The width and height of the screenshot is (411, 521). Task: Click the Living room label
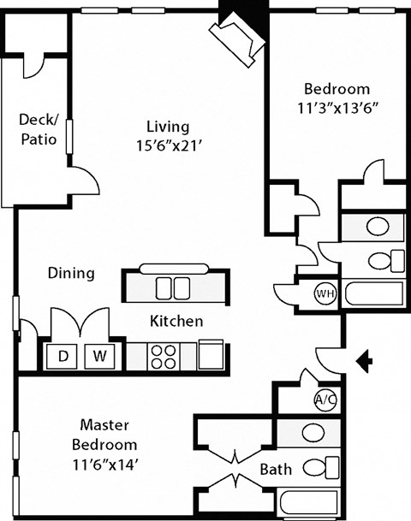tap(167, 126)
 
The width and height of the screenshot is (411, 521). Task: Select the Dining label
tap(70, 274)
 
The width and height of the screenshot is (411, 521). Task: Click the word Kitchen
tap(176, 322)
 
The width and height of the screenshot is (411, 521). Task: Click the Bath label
tap(276, 469)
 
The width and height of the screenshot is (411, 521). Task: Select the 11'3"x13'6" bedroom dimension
tap(337, 110)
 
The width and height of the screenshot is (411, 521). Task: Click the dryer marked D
tap(63, 355)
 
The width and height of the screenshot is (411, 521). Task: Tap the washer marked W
tap(100, 355)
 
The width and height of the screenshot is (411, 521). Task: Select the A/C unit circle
tap(325, 399)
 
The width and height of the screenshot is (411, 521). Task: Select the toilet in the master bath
tap(321, 467)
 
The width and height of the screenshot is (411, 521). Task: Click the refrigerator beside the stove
tap(211, 353)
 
